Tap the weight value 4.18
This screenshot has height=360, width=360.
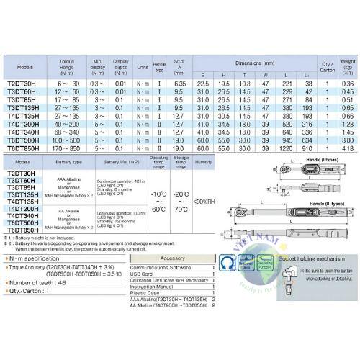348,148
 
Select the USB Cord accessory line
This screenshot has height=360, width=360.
141,274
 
